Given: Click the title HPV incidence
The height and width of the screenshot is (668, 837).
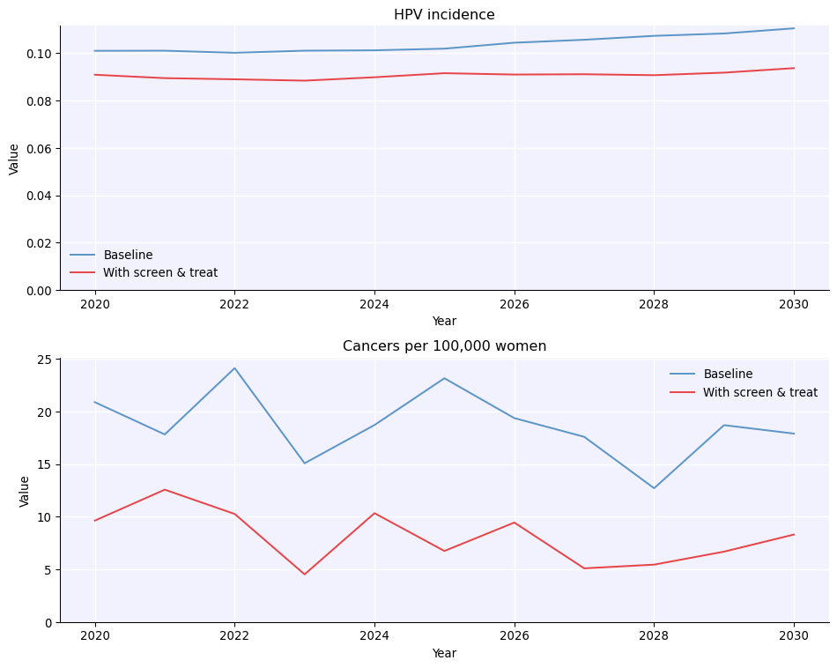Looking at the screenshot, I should pos(444,15).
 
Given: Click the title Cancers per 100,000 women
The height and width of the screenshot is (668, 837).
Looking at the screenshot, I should pos(444,346).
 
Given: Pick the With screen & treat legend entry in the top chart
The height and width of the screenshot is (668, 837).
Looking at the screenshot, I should pos(159,273).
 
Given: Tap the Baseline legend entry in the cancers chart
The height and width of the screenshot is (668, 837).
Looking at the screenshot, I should pos(728,375).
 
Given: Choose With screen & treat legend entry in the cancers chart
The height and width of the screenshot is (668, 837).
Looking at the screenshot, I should pos(759,393).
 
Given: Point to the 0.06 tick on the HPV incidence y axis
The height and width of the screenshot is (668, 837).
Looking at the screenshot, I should pos(39,148).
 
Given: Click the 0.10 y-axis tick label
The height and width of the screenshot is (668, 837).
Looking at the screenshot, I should pos(39,54).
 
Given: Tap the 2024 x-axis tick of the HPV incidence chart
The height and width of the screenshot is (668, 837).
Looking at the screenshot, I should pos(374,305).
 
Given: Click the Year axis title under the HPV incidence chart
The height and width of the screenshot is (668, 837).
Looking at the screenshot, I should pos(444,322).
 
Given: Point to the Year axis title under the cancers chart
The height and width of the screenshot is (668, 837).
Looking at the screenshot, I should pos(444,654).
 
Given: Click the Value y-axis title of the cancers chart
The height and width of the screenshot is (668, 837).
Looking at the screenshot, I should pos(25,491).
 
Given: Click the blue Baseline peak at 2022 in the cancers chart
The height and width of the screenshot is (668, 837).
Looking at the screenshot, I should pos(234,368).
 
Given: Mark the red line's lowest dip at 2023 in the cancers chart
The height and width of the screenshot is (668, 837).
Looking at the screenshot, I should pos(305,575).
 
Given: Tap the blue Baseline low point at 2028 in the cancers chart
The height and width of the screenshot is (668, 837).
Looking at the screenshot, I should pos(654,488).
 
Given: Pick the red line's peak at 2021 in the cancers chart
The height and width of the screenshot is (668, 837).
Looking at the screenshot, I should pos(165,490).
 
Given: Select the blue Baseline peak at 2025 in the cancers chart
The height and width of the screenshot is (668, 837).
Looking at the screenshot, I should pos(444,378).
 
